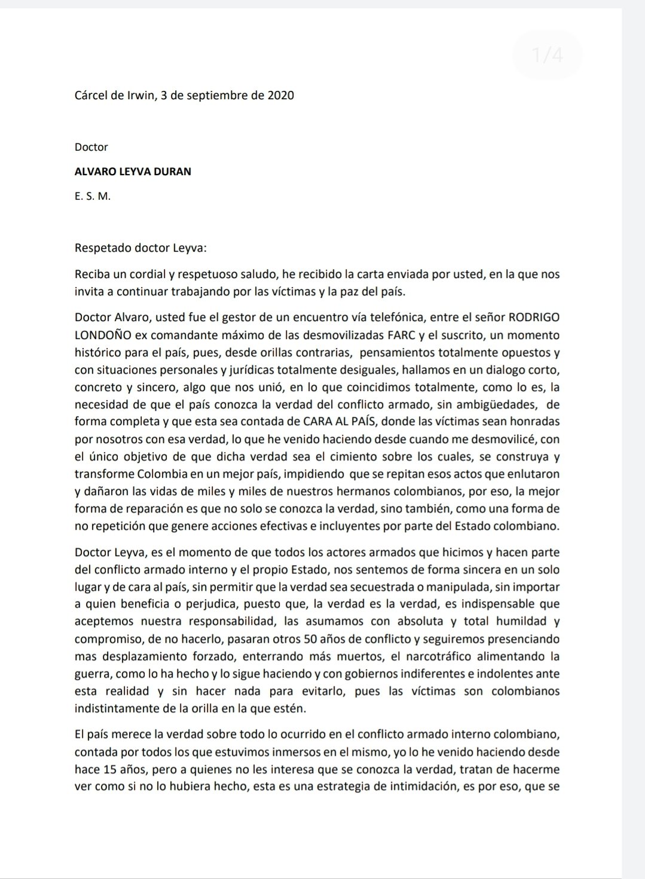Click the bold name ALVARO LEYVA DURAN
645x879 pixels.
click(x=133, y=171)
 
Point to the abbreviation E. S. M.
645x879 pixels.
click(x=93, y=196)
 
